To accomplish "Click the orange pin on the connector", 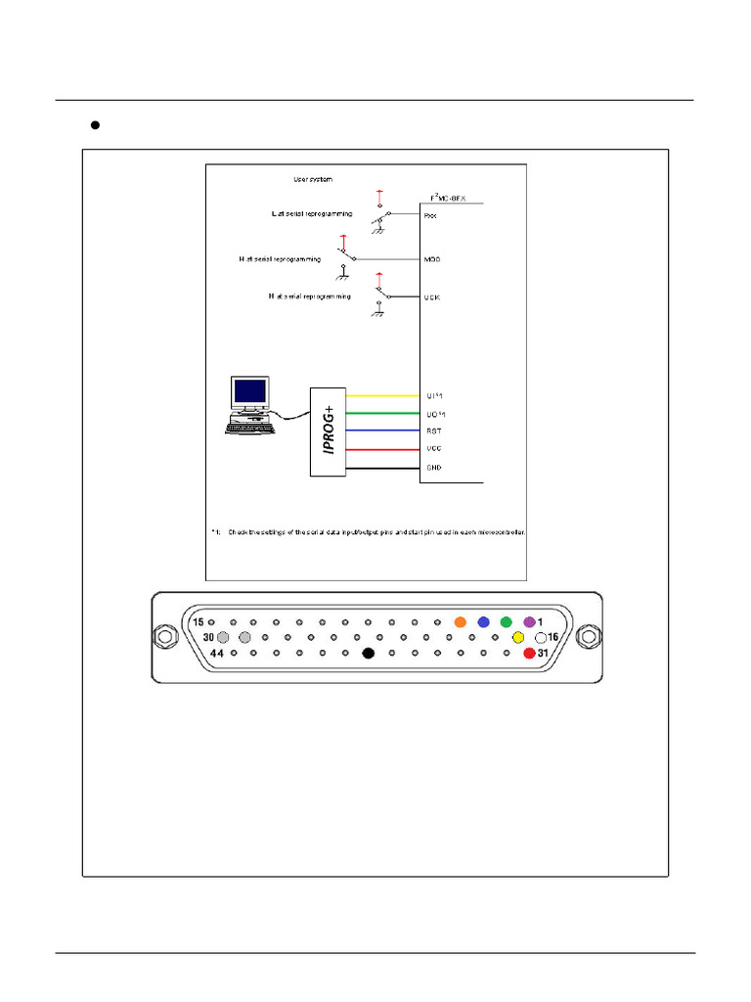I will click(x=460, y=622).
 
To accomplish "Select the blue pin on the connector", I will click(x=483, y=622).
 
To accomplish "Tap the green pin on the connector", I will click(x=506, y=622).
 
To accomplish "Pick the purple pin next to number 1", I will click(x=529, y=622).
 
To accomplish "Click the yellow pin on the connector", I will click(x=518, y=638).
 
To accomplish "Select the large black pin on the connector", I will click(x=369, y=653).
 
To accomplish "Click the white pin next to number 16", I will click(x=540, y=638).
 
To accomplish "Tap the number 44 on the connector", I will click(x=217, y=653).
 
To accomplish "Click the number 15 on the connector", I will click(x=199, y=622).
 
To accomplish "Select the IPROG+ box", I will click(x=329, y=432).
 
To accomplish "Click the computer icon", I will click(x=250, y=404).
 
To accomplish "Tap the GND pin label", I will click(x=434, y=468).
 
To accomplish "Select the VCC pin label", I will click(x=434, y=449).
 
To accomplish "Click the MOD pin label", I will click(x=433, y=259).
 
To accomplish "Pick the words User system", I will click(x=314, y=179).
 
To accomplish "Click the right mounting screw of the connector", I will click(x=587, y=637).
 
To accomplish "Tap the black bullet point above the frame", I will click(x=96, y=125).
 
